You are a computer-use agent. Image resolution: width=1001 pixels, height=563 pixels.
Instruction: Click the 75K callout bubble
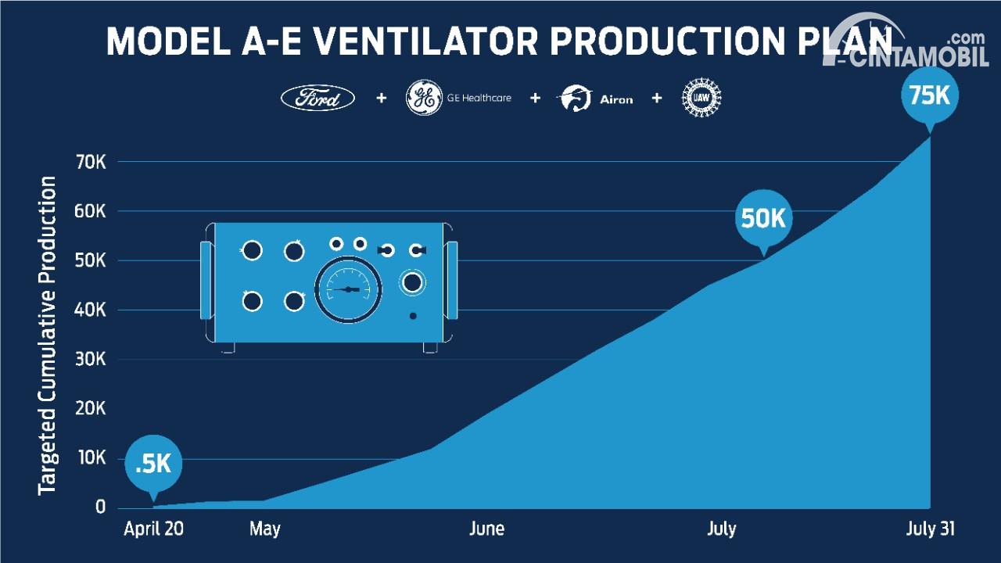point(930,95)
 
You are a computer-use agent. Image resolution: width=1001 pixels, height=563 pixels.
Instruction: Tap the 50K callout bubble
point(763,219)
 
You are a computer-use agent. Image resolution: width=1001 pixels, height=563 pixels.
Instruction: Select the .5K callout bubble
point(153,464)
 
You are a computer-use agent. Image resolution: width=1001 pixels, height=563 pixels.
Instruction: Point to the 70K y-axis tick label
point(91,163)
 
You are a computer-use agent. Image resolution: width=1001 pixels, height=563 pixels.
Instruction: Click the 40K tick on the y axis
point(90,310)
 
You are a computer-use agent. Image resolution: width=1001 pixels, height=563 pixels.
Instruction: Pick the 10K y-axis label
point(91,457)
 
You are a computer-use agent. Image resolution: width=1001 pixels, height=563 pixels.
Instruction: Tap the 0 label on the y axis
point(101,507)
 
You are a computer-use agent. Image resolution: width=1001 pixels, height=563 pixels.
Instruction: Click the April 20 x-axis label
point(153,529)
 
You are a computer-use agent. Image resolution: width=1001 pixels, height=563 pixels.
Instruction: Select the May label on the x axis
point(265,530)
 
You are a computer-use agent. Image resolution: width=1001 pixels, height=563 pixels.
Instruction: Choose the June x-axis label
point(486,529)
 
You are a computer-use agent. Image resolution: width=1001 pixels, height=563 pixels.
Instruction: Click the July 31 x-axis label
point(930,530)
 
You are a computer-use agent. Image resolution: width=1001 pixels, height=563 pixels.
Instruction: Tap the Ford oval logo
point(318,98)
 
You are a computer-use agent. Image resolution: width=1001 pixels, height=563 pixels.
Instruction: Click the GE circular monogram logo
point(424,98)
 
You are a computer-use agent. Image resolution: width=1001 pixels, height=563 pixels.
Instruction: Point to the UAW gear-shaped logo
point(701,98)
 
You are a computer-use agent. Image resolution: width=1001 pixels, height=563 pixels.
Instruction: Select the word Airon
point(616,99)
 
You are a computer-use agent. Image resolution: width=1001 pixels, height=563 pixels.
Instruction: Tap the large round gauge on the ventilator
point(348,289)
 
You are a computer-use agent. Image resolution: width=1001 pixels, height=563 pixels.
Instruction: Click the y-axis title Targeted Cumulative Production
point(47,335)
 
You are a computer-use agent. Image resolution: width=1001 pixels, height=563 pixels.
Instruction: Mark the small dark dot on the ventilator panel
point(413,316)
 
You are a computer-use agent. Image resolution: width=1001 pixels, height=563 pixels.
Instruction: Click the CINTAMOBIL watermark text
point(913,58)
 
